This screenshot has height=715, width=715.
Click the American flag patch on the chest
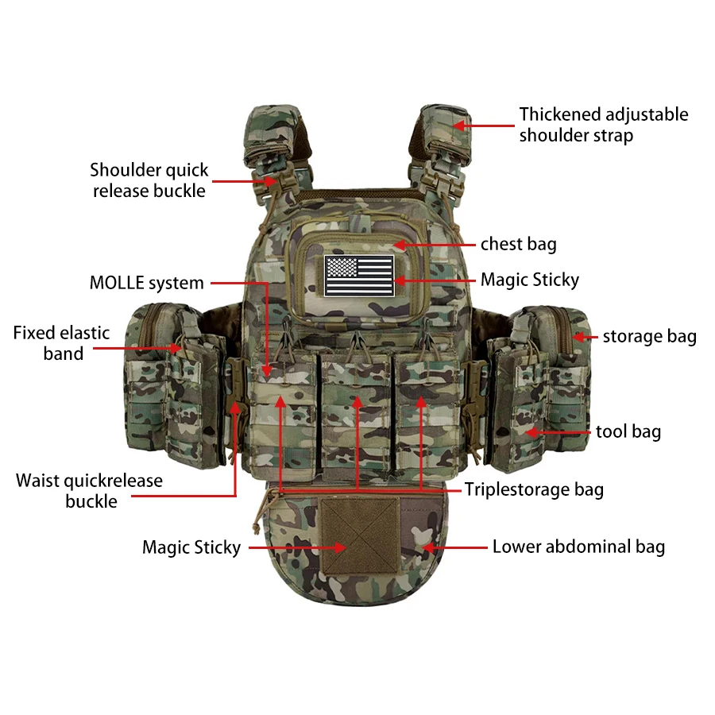[359, 276]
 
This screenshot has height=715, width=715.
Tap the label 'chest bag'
[519, 244]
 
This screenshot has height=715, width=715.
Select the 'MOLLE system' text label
[146, 283]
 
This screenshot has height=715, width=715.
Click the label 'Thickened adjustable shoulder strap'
[604, 125]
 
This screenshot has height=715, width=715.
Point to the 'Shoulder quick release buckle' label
[149, 180]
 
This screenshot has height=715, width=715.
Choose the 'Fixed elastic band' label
[61, 343]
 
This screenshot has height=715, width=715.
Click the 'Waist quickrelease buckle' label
[89, 491]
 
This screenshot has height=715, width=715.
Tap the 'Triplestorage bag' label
[535, 489]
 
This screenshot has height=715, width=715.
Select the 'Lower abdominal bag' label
[578, 547]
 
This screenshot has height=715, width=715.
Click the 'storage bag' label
[650, 336]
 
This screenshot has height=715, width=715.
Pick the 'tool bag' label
[628, 431]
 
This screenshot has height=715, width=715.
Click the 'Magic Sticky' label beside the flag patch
[530, 280]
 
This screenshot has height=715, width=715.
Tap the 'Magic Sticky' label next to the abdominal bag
[191, 547]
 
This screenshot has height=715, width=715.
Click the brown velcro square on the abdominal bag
[359, 535]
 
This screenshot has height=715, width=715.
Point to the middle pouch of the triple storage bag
[357, 415]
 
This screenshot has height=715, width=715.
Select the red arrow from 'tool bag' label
[558, 432]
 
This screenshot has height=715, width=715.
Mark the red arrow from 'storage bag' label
[585, 337]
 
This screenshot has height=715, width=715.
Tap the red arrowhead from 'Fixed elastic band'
[176, 349]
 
